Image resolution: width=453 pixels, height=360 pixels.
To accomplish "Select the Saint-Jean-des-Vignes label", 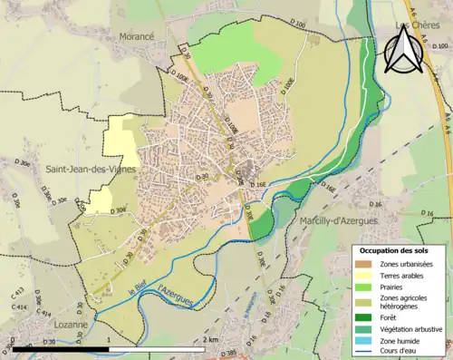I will (x=83, y=169).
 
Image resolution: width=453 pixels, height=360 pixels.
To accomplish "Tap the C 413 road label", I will (x=17, y=295).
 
